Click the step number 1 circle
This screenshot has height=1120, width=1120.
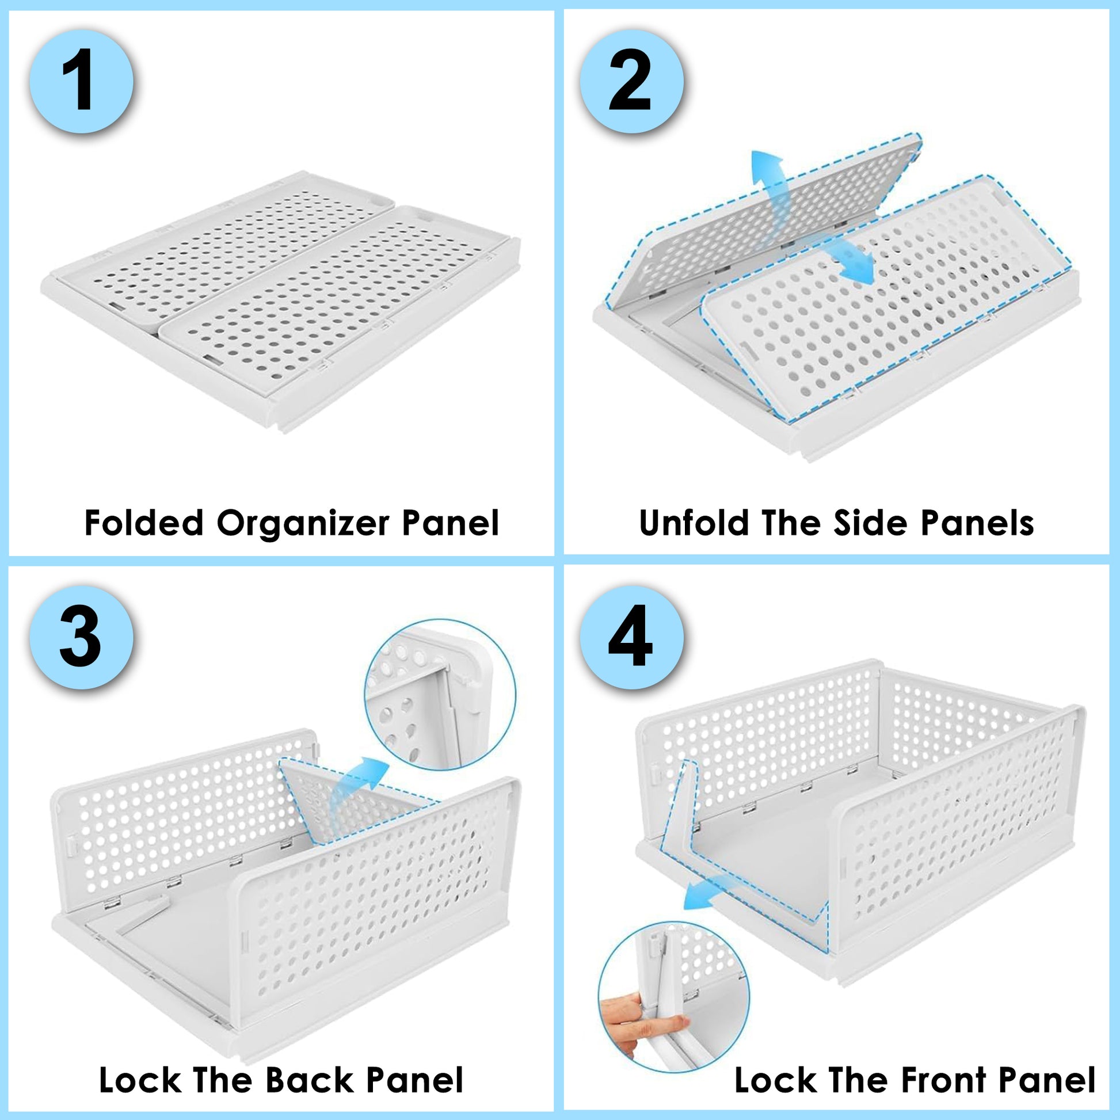81,82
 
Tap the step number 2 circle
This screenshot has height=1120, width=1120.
631,82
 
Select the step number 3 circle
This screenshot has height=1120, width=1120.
81,637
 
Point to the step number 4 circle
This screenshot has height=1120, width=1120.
631,637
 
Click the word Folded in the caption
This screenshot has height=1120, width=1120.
144,523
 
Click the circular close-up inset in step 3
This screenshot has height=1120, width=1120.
440,695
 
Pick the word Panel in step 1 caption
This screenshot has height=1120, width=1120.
451,523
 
